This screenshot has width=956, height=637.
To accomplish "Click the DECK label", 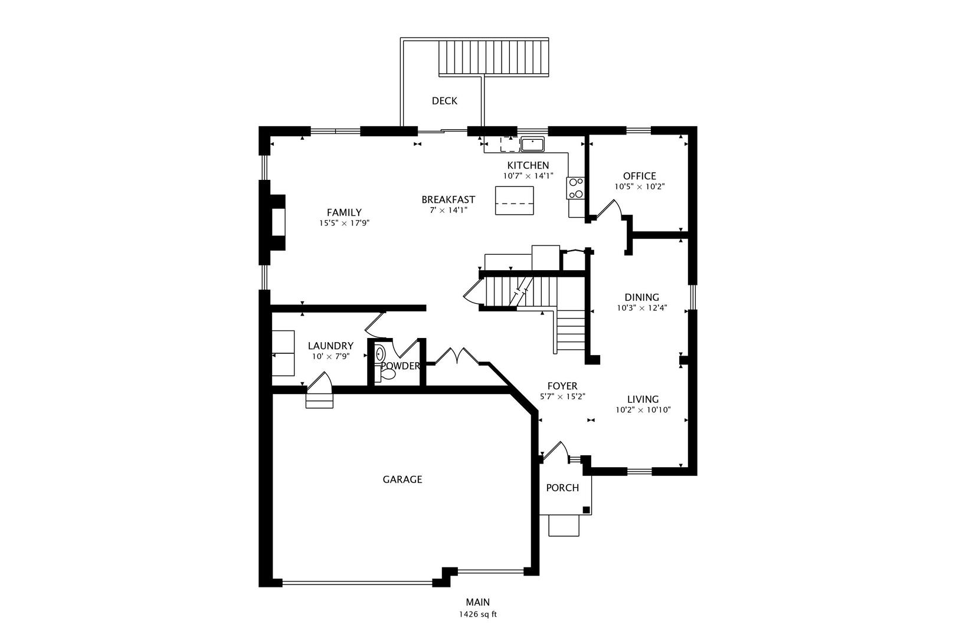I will pyautogui.click(x=444, y=101).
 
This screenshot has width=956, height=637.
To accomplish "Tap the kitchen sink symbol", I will pyautogui.click(x=532, y=143).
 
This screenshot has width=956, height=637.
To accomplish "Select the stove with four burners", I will pyautogui.click(x=575, y=188).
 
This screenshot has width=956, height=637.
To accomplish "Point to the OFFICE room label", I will pyautogui.click(x=639, y=176).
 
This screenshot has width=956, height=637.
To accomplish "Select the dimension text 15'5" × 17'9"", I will pyautogui.click(x=344, y=223).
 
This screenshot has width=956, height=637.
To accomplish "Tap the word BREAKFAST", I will pyautogui.click(x=448, y=199).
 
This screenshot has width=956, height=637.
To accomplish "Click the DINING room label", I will pyautogui.click(x=641, y=297).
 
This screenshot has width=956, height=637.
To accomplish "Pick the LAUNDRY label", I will pyautogui.click(x=330, y=346).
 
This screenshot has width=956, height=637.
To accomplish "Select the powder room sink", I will pyautogui.click(x=380, y=354).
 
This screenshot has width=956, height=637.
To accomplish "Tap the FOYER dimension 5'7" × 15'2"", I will pyautogui.click(x=562, y=396).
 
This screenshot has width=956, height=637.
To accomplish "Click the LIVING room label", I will pyautogui.click(x=643, y=399).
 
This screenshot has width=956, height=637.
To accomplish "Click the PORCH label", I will pyautogui.click(x=562, y=488).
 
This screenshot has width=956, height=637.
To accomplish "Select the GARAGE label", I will pyautogui.click(x=402, y=480).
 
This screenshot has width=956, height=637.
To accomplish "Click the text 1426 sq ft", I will pyautogui.click(x=477, y=614).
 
